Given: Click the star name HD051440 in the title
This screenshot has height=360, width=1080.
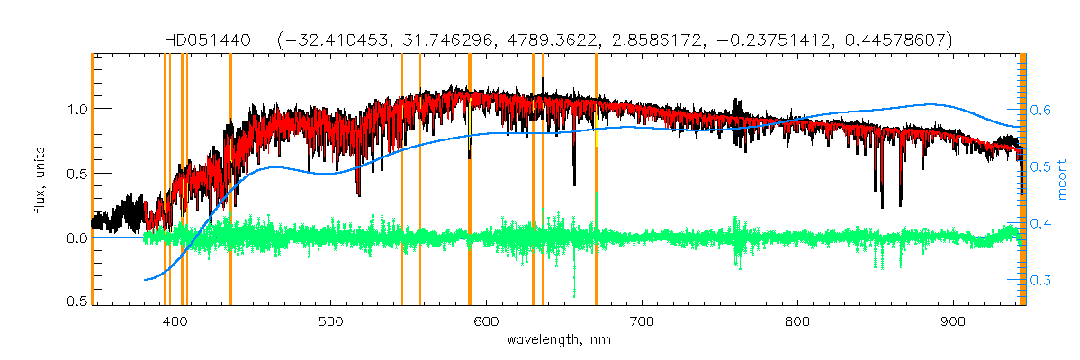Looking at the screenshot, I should coord(212,40).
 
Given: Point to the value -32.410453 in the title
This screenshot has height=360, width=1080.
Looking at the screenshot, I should coord(330,40).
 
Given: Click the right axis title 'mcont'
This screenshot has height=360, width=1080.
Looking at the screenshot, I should coord(1063,180).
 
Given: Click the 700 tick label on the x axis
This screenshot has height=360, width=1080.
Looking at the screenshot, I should coord(643,321).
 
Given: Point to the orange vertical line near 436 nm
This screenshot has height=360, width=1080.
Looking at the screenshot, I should coord(230,180).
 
